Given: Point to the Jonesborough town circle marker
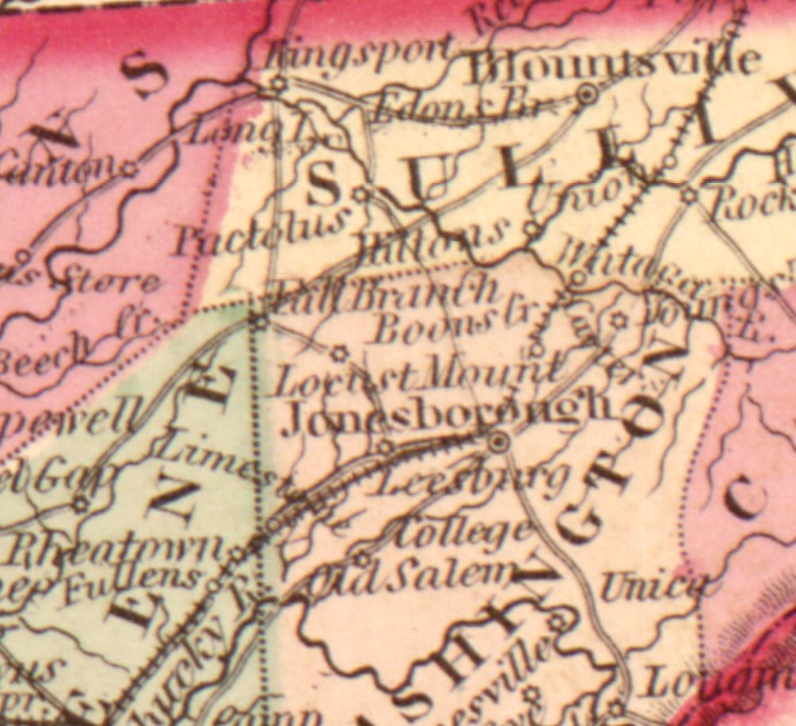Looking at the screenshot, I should click(498, 441).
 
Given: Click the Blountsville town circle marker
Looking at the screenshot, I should click(587, 95).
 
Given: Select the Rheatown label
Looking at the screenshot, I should click(120, 548).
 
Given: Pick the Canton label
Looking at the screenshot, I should click(55, 166).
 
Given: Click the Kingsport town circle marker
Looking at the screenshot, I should click(278, 83).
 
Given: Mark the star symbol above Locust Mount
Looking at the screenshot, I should click(340, 352).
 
